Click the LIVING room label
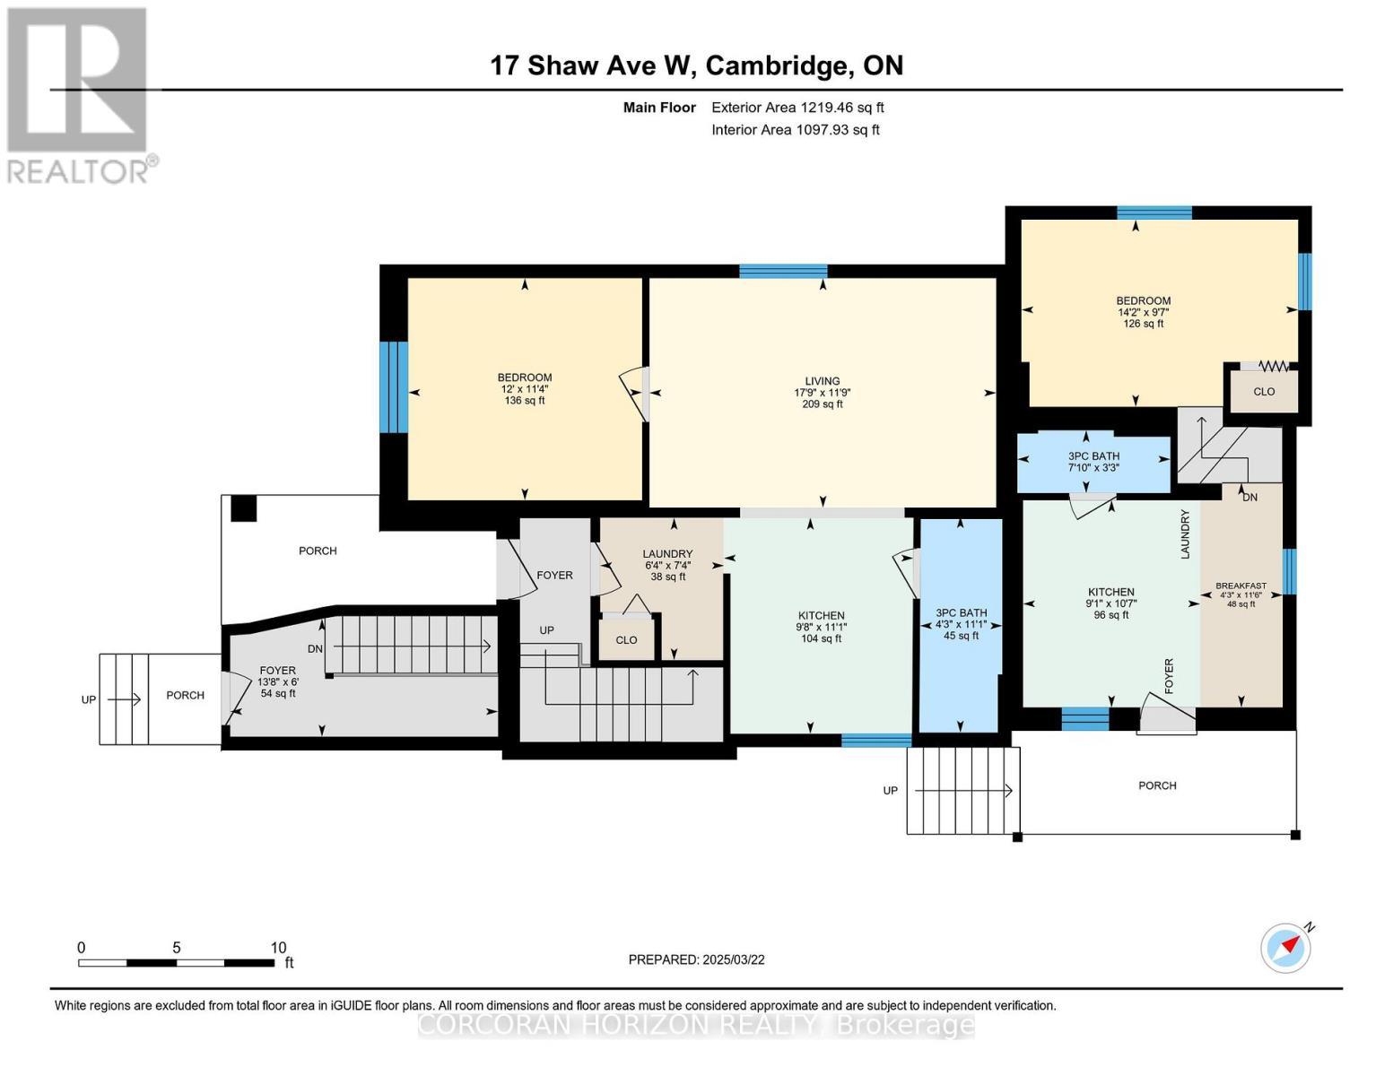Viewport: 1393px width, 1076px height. tap(822, 393)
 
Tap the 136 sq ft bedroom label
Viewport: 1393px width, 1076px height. tap(525, 389)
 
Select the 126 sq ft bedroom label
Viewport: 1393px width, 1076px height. tap(1143, 312)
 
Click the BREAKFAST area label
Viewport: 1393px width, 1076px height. tap(1241, 594)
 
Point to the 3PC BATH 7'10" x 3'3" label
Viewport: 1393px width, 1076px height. tap(1093, 462)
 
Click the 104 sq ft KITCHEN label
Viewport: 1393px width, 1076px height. tap(820, 627)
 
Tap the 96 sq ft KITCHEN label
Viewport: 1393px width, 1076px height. tap(1110, 603)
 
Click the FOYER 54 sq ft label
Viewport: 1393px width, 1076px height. tap(278, 681)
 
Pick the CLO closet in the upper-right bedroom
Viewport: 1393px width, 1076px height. tap(1263, 392)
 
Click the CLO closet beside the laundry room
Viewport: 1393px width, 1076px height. tap(626, 640)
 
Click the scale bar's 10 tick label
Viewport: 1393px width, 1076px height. tap(278, 948)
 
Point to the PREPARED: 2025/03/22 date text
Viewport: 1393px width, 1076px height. tap(696, 959)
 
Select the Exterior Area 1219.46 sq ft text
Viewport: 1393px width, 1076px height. tap(797, 108)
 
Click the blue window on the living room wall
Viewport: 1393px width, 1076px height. tap(782, 271)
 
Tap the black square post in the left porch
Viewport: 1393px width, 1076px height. tap(243, 508)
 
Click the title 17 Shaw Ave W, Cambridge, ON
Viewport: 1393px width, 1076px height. tap(696, 65)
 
